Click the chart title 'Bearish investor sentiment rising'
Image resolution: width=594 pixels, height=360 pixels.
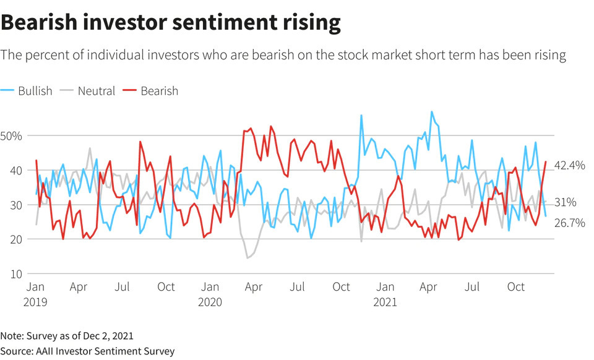coord(171,23)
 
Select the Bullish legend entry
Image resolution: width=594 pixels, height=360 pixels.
coord(28,91)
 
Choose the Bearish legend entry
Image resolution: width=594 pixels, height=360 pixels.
coord(152,91)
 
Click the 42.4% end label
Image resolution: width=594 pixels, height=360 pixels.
coord(569,166)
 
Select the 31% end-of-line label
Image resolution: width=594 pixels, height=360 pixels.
coord(566,202)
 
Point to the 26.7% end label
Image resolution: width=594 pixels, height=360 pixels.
coord(569,223)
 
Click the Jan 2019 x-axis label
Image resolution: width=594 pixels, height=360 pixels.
coord(36,294)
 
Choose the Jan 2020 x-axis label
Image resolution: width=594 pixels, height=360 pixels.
coord(210,294)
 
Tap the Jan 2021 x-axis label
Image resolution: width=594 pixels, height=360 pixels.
coord(385,294)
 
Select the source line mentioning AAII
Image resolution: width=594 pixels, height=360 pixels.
coord(87,351)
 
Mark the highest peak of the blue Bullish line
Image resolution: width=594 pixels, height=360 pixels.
coord(431,112)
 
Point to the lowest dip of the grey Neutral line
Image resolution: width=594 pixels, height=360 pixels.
coord(247,257)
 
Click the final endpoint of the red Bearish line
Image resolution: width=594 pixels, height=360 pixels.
coord(546,161)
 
